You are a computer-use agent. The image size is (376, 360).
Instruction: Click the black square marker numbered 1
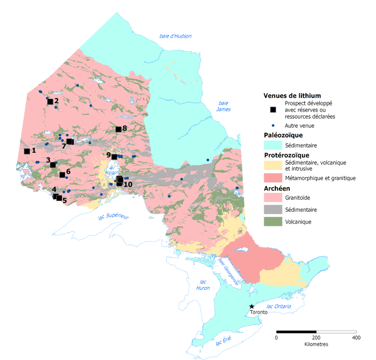point(27,151)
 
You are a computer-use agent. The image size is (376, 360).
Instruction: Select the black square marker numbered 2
point(50,102)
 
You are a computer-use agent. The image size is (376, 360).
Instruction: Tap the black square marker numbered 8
point(118,130)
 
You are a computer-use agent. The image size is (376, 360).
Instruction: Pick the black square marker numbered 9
point(114,156)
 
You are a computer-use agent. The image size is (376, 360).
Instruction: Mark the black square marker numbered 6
point(62,174)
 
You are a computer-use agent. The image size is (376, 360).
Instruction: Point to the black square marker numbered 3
point(53,165)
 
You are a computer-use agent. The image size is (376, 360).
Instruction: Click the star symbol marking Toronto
point(251,306)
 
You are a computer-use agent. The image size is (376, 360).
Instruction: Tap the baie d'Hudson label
point(175,36)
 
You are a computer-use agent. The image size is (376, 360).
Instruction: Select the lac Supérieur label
point(112,216)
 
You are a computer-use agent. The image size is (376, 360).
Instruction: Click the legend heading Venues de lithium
point(292,95)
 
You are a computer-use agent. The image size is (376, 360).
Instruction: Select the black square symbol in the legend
point(273,109)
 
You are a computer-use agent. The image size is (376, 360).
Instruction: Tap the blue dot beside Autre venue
point(273,125)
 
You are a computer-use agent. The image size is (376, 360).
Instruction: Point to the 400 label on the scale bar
point(356,337)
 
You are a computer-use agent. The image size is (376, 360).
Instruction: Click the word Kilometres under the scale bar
point(316,344)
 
